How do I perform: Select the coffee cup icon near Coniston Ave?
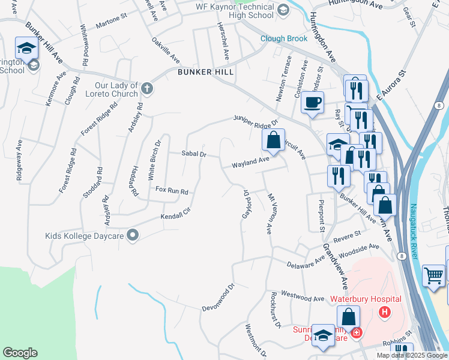click(x=312, y=102)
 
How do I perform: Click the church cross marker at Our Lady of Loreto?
click(x=147, y=89)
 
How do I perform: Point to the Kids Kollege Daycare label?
click(x=85, y=236)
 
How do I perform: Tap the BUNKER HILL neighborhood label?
click(x=205, y=71)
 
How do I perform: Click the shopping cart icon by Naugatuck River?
click(x=433, y=275)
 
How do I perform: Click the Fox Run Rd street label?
click(x=172, y=190)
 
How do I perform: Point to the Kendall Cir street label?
click(x=175, y=215)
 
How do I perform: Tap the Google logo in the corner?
click(x=20, y=353)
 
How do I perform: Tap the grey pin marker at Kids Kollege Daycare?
click(x=133, y=236)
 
